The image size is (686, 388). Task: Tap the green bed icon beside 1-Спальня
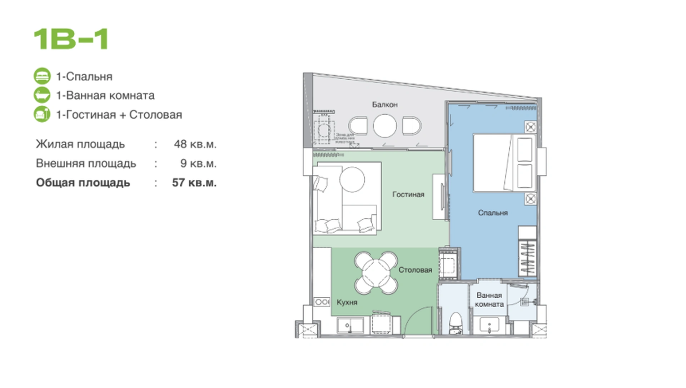[x=42, y=76]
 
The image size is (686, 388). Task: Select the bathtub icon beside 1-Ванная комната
[x=42, y=95]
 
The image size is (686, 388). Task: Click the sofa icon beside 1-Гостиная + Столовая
[x=42, y=114]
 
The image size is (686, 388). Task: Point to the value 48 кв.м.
[x=195, y=144]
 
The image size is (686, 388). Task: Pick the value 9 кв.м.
[x=198, y=163]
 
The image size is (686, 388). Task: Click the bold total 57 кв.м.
[x=194, y=183]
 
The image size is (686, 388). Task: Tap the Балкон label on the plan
[x=384, y=105]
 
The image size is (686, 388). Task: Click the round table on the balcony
[x=385, y=126]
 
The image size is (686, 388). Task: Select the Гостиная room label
[x=408, y=194]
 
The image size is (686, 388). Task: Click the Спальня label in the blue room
[x=493, y=213]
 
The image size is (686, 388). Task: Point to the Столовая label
[x=415, y=270]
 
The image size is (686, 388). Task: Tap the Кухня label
[x=347, y=303]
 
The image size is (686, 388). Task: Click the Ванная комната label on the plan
[x=489, y=300]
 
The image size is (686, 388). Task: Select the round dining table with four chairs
[x=376, y=273]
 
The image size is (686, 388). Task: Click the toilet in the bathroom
[x=456, y=323]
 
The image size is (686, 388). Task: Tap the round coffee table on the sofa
[x=352, y=179]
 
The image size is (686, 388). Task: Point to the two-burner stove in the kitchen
[x=322, y=302]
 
